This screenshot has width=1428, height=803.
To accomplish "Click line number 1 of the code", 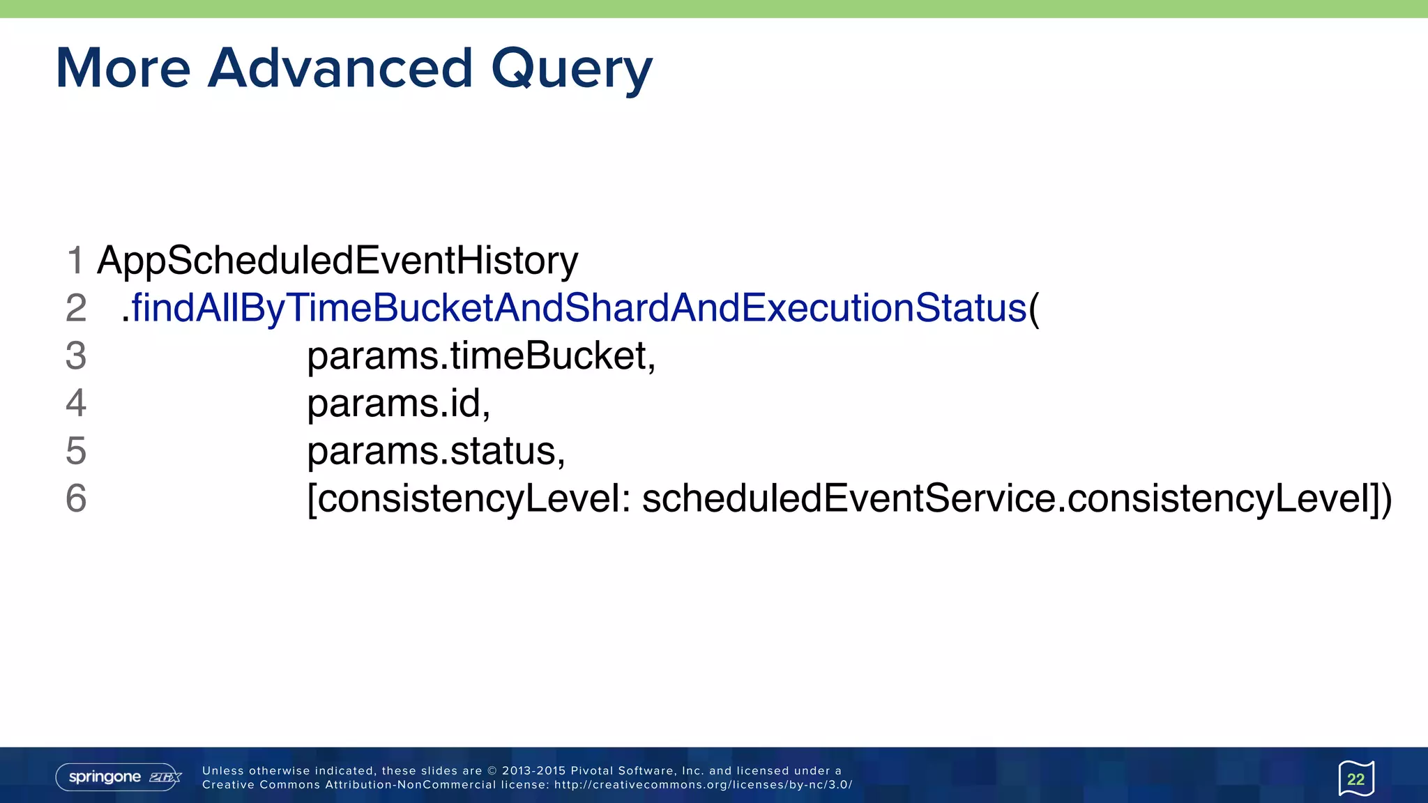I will click(75, 261).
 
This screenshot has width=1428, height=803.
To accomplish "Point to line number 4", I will click(76, 403).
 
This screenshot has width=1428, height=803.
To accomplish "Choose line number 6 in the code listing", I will click(76, 498).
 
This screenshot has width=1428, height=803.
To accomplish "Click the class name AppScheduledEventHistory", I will click(337, 261).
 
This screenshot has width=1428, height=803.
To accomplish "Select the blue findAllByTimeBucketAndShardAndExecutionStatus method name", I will click(579, 307).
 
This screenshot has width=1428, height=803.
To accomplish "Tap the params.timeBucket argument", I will click(481, 355).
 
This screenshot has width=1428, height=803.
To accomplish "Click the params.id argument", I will click(398, 403).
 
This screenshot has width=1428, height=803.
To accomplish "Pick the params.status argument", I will click(436, 451).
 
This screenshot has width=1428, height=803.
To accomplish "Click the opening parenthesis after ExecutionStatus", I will click(1034, 309).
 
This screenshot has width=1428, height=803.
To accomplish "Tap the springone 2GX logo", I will click(119, 777).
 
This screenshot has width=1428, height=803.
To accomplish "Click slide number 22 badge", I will click(1355, 779).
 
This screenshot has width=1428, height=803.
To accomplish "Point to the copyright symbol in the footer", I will click(492, 771).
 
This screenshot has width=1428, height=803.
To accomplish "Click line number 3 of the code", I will click(76, 355).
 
